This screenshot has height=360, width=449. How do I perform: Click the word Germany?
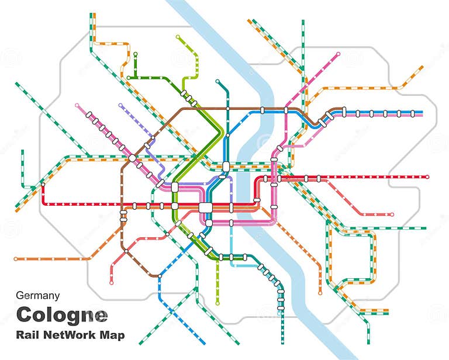click(39, 296)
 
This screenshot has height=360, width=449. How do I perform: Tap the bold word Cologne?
click(62, 315)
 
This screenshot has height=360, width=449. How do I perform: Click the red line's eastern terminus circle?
click(427, 176)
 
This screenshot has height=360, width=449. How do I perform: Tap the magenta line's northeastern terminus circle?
click(339, 54)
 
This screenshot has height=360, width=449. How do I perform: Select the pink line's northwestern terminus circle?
click(77, 105)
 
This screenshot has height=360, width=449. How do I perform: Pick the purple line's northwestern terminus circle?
click(120, 106)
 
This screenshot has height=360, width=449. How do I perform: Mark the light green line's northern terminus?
click(178, 37)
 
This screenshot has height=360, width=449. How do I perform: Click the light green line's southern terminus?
click(217, 303)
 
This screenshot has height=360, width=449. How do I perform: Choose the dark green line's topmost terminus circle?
click(136, 54)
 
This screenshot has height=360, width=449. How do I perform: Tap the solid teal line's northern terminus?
click(217, 81)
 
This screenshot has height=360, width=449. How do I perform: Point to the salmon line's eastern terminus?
click(392, 214)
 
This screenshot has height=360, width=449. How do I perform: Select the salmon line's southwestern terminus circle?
click(111, 283)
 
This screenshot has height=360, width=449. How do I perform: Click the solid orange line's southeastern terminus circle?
click(320, 292)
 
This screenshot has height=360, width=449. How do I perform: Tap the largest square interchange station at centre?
click(206, 207)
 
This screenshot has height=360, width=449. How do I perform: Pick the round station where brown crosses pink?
click(133, 158)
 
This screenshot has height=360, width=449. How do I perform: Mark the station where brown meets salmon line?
click(126, 251)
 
